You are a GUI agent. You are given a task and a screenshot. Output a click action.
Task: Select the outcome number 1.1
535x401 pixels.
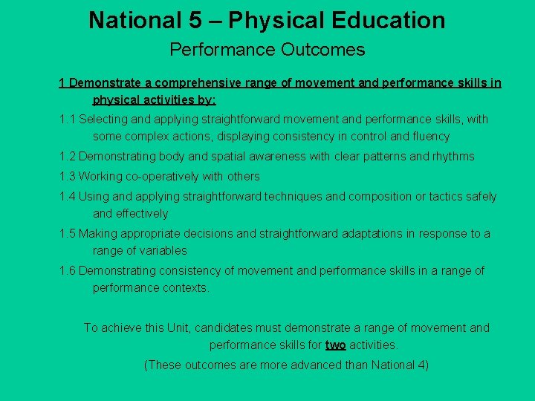(68, 120)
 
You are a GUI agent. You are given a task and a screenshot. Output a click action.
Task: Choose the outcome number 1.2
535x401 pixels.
(68, 157)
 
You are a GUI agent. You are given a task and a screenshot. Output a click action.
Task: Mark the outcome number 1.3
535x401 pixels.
(68, 177)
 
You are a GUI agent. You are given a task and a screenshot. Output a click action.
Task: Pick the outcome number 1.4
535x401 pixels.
(68, 197)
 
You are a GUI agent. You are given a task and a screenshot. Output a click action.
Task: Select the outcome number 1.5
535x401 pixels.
(68, 234)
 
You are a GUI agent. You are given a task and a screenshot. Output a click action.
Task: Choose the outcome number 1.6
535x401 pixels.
(68, 271)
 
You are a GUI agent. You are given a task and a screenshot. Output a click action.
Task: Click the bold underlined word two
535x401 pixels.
(335, 345)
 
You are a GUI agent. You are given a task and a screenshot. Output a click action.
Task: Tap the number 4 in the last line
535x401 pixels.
(421, 365)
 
